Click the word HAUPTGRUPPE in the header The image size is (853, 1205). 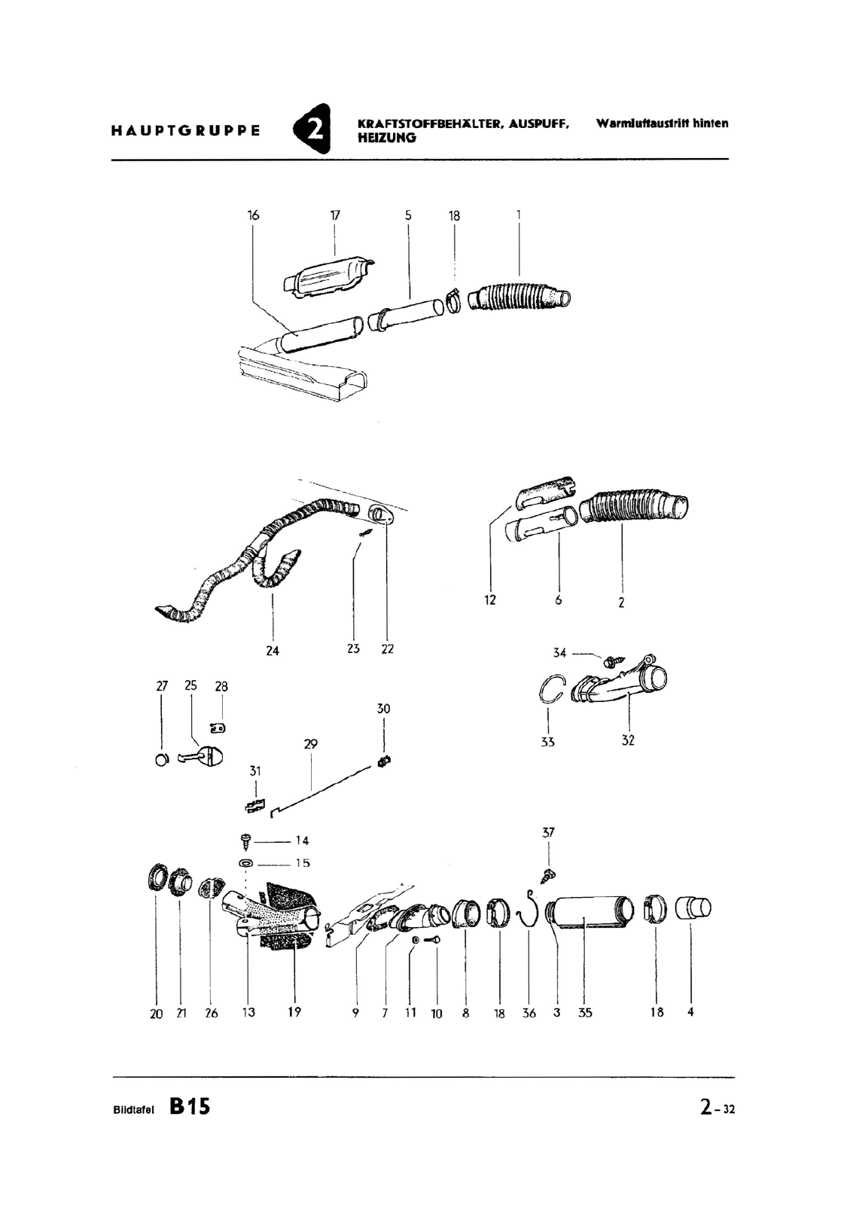(185, 131)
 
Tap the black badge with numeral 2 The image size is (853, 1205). (312, 129)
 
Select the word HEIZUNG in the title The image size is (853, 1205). (387, 138)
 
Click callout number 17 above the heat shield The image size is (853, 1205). (335, 215)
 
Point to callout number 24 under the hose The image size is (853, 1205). (273, 651)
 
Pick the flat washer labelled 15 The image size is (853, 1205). (245, 863)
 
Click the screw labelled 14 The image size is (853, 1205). (246, 841)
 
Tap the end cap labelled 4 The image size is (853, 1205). (693, 908)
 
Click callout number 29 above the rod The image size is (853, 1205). (311, 744)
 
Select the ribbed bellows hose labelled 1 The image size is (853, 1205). (519, 297)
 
